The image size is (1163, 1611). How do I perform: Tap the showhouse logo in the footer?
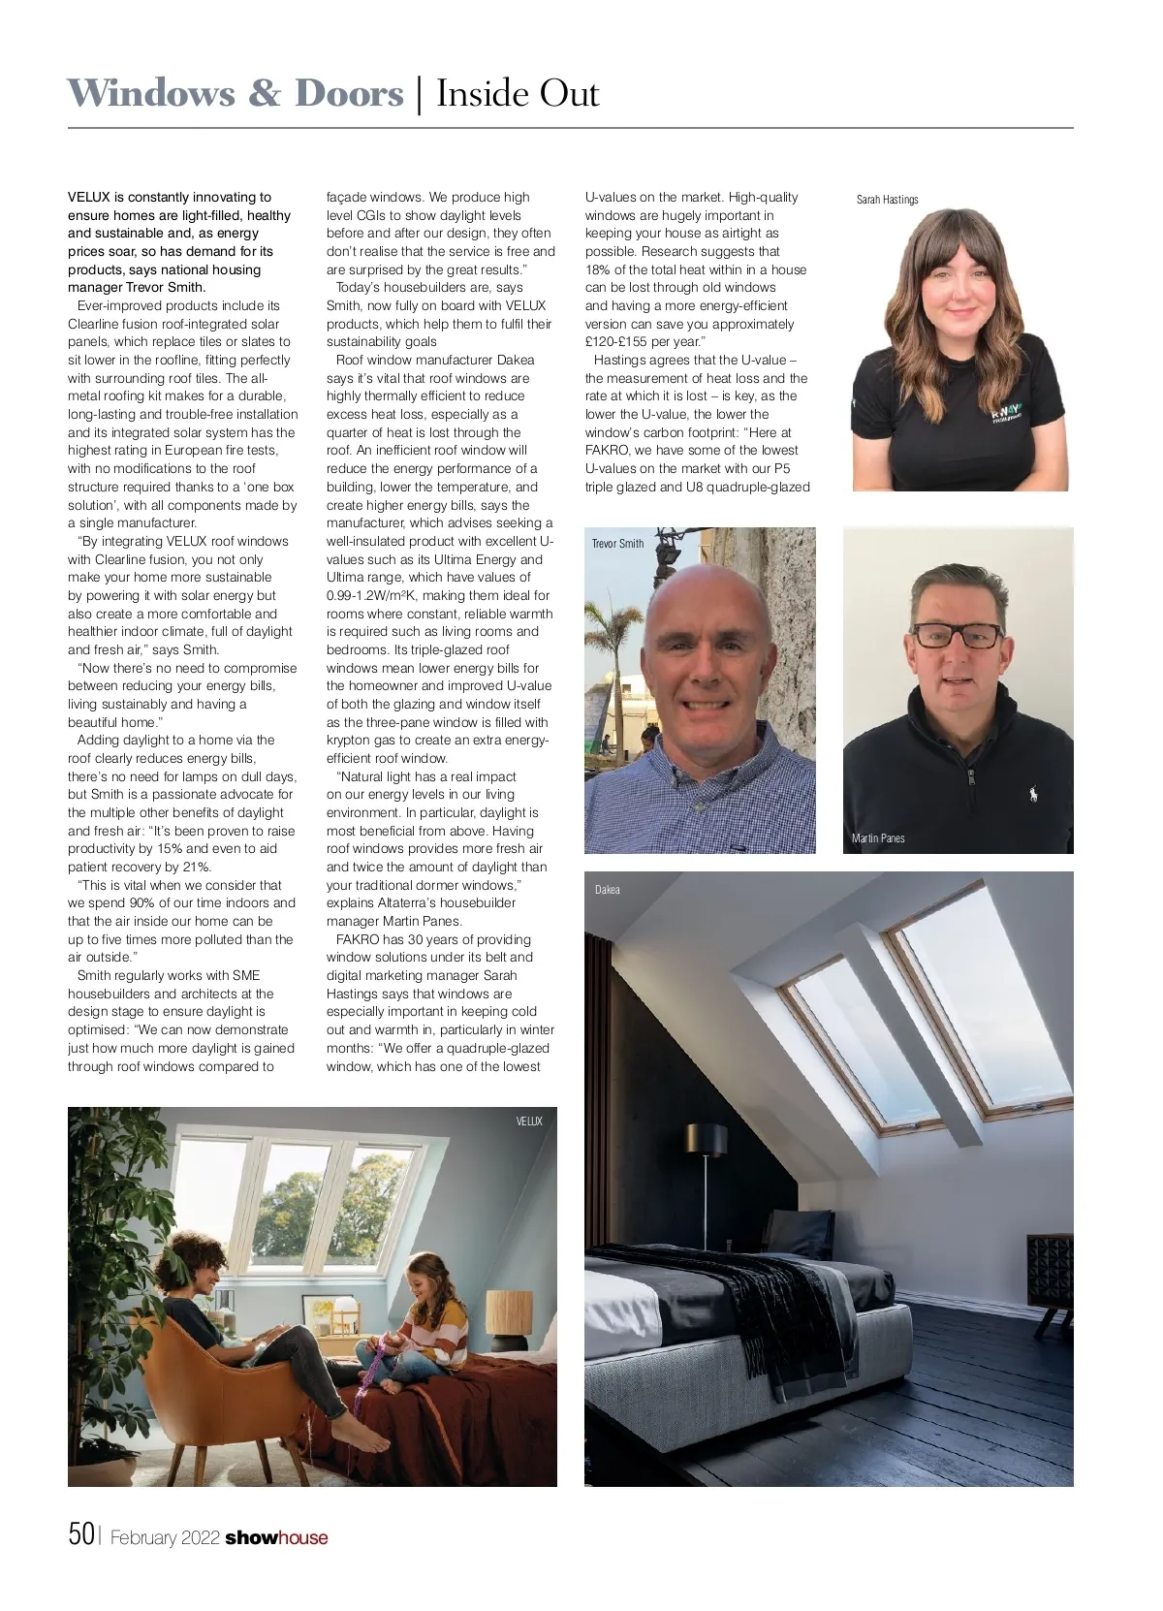tap(276, 1537)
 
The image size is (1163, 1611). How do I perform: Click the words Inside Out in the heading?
tap(518, 94)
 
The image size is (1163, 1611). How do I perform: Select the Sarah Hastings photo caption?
tap(887, 200)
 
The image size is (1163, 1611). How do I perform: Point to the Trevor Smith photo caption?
tap(617, 544)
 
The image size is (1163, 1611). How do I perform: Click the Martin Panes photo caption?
tap(878, 838)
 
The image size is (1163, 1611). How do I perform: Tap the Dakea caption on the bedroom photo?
tap(608, 890)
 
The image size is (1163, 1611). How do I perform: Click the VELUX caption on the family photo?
tap(529, 1121)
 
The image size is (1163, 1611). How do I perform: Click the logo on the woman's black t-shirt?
tap(1005, 413)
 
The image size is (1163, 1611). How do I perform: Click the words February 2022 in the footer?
tap(165, 1537)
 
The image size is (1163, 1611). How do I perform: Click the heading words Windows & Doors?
tap(236, 94)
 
